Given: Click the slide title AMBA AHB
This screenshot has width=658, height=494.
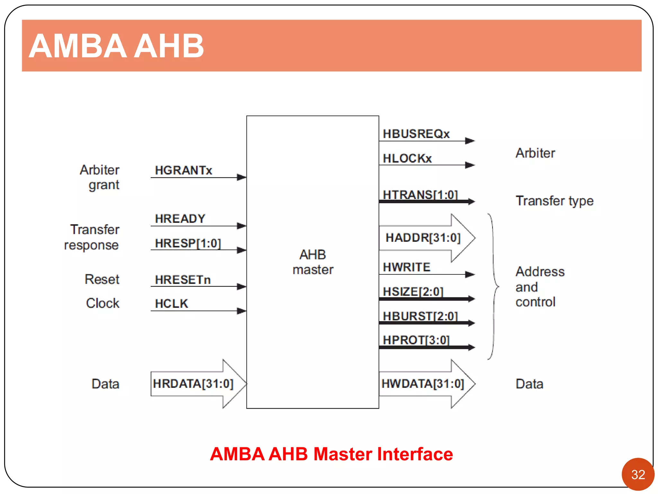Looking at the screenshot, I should coord(116,46).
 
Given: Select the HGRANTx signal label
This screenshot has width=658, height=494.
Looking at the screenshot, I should coord(183,170).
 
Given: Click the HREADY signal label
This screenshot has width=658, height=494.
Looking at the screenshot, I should coord(180,219).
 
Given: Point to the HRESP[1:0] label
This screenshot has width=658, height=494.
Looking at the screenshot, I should coord(188,243).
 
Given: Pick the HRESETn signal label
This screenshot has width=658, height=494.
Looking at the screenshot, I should coord(183,279).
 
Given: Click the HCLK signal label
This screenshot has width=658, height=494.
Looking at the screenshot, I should coord(171,304).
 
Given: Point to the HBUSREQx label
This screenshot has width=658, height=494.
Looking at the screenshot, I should coord(416,134).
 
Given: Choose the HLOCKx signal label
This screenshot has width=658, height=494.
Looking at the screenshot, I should coord(407,158).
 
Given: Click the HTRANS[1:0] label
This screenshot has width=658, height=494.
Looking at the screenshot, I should coord(420,195).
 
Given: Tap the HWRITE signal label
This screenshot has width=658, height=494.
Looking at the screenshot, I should coord(406,267).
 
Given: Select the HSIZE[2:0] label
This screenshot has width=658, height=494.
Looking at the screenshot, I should coord(413,291).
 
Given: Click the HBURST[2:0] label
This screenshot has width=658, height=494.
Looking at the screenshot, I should coord(420,316).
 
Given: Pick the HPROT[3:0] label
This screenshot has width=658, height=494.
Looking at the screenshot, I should coord(416,340).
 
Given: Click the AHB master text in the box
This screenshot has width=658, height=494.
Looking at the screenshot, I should coord(313,262).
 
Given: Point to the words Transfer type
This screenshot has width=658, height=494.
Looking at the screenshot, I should coord(555,201).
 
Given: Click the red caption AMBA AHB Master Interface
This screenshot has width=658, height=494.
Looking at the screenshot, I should coord(331,454).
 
